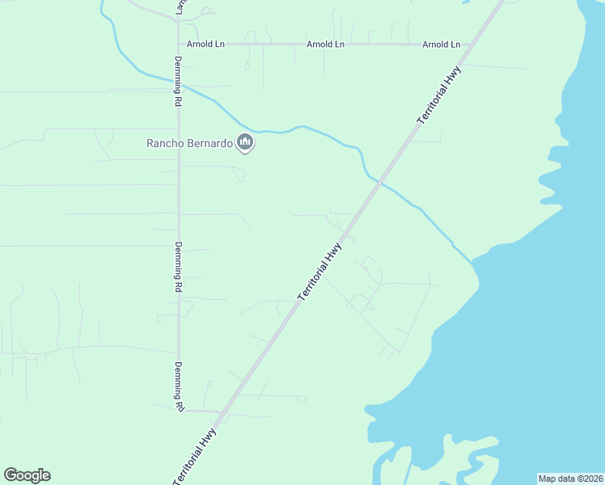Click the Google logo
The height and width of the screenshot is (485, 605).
click(x=27, y=475)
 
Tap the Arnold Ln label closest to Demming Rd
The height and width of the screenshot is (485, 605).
click(x=205, y=44)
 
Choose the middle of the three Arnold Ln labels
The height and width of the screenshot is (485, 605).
click(x=325, y=44)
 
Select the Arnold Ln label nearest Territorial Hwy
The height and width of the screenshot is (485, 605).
click(x=441, y=44)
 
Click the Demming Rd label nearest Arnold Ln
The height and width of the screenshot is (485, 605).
click(x=178, y=82)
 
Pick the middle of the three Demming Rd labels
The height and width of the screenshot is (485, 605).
click(x=178, y=266)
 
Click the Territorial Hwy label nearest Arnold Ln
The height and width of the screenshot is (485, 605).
click(x=439, y=95)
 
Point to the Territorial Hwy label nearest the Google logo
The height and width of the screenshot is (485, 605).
click(x=196, y=456)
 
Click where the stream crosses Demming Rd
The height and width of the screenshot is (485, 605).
click(x=178, y=82)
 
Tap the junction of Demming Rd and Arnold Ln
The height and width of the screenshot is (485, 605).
click(x=178, y=44)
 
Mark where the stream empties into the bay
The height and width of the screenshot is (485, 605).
click(x=472, y=260)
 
